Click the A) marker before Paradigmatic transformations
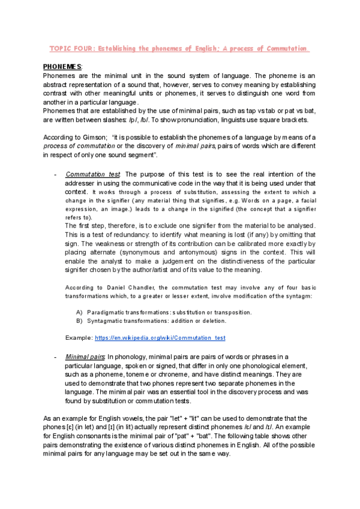tap(80, 312)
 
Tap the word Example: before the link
tap(79, 338)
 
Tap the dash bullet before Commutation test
tap(55, 174)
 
